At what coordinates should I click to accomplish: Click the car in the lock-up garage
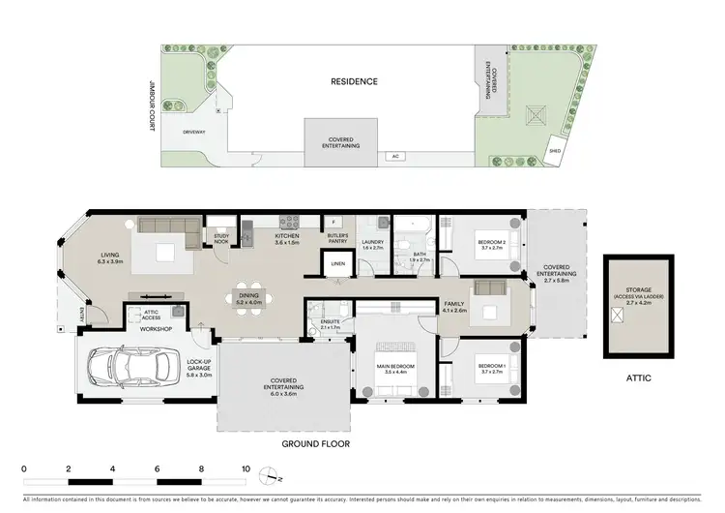(x=116, y=367)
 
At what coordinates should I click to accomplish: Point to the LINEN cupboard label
(x=337, y=263)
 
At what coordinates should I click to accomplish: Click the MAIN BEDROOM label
(x=397, y=367)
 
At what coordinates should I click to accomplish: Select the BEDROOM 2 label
(x=491, y=243)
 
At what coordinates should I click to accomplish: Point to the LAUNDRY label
(x=373, y=243)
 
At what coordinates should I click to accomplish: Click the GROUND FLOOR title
(x=314, y=443)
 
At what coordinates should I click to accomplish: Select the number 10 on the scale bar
(x=246, y=468)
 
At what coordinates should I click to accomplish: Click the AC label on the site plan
(x=394, y=155)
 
